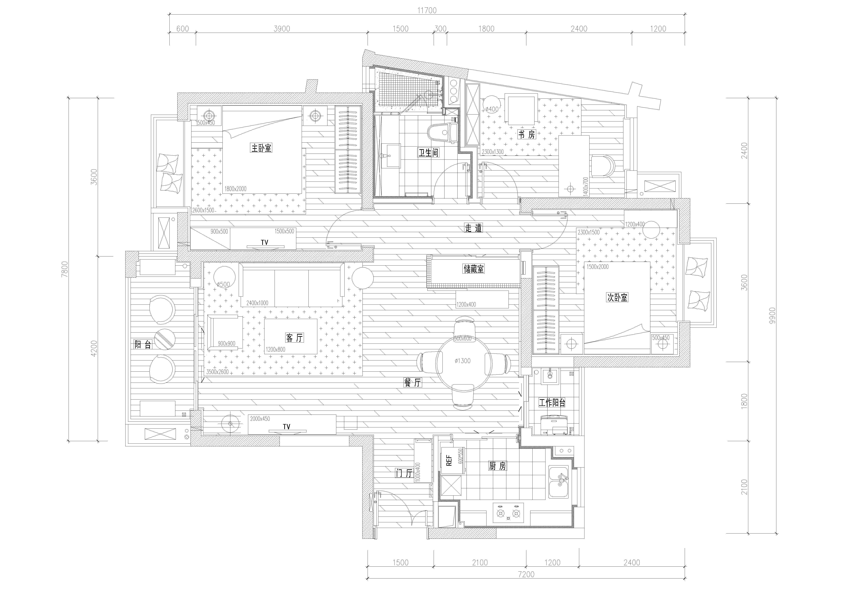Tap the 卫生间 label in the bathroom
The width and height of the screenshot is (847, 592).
[x=428, y=153]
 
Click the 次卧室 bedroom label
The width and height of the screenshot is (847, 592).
[x=617, y=297]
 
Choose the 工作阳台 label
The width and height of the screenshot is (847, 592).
[x=552, y=403]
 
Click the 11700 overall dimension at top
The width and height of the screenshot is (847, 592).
[x=427, y=10]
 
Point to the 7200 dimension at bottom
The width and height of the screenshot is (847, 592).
[x=526, y=574]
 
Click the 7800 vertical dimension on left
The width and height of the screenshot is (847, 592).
[x=65, y=269]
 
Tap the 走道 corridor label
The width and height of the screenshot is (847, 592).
[x=473, y=228]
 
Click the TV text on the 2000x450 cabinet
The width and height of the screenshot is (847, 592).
[x=286, y=427]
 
